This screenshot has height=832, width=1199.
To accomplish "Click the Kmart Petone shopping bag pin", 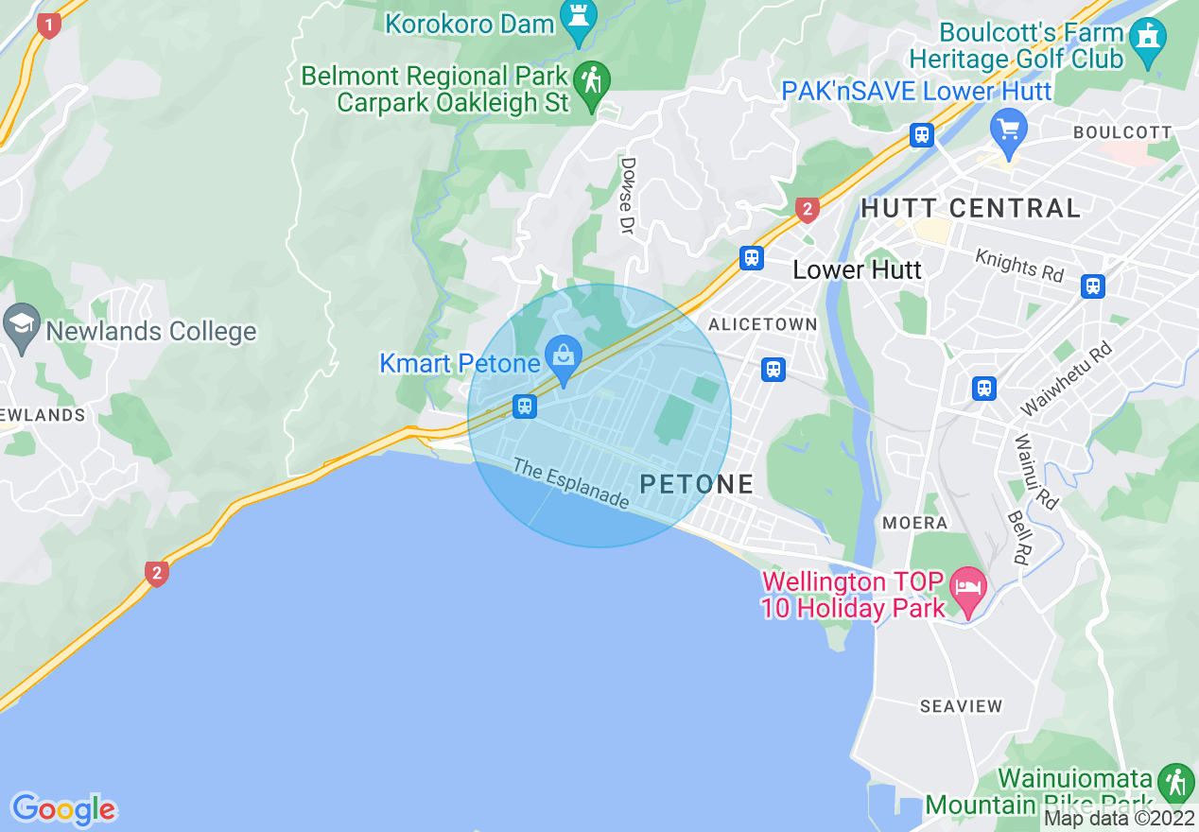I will pyautogui.click(x=564, y=359).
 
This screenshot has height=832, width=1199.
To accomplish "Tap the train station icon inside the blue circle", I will pyautogui.click(x=525, y=407).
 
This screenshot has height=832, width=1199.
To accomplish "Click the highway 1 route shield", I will pyautogui.click(x=48, y=26).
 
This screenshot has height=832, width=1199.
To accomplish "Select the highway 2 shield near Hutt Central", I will pyautogui.click(x=806, y=209).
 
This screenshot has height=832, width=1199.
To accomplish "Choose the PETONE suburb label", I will pyautogui.click(x=697, y=484).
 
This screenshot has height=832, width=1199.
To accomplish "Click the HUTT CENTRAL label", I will pyautogui.click(x=970, y=208).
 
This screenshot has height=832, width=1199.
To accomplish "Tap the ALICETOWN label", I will pyautogui.click(x=762, y=324).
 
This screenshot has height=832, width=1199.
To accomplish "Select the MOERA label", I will pyautogui.click(x=914, y=523).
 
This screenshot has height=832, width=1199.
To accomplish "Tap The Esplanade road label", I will pyautogui.click(x=571, y=483).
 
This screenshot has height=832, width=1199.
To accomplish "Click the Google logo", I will pyautogui.click(x=63, y=809).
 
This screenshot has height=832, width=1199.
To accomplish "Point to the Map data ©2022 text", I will pyautogui.click(x=1120, y=819).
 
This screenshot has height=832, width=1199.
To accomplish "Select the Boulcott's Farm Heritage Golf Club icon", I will pyautogui.click(x=1148, y=39).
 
